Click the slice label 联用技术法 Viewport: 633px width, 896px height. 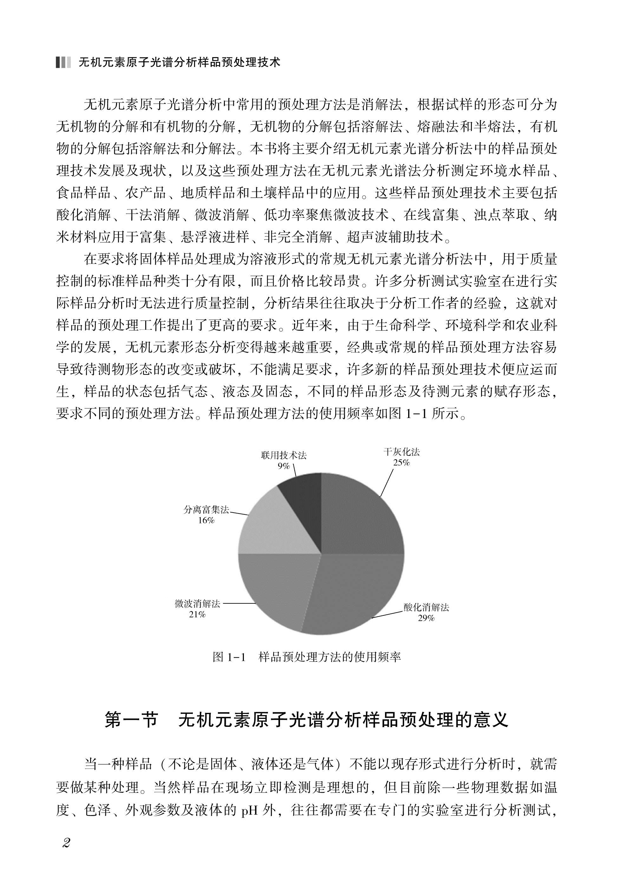[284, 455]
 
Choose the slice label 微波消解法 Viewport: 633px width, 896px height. [197, 604]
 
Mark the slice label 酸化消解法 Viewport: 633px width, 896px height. [426, 607]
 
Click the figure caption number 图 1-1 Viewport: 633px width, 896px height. [229, 657]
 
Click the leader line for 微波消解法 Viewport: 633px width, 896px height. [239, 604]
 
